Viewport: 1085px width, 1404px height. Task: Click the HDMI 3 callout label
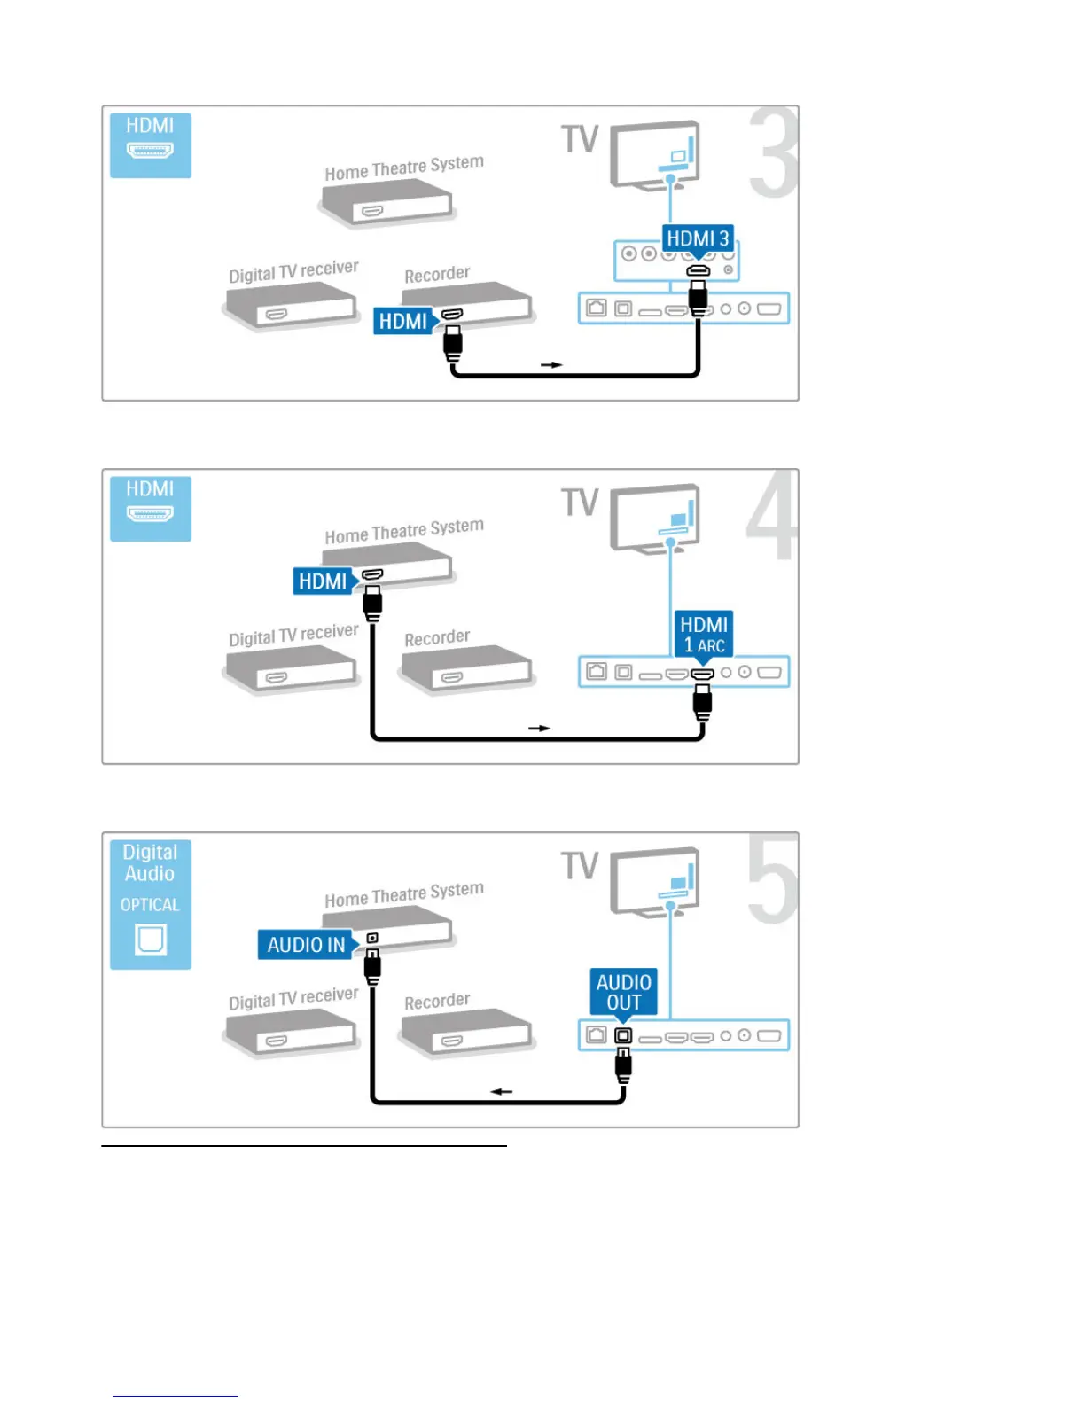pyautogui.click(x=698, y=238)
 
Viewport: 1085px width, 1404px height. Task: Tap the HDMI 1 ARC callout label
pyautogui.click(x=704, y=635)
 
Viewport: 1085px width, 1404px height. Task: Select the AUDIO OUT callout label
pyautogui.click(x=624, y=992)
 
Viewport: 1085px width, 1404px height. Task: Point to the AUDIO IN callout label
pyautogui.click(x=307, y=945)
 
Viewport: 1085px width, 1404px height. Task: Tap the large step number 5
pyautogui.click(x=772, y=879)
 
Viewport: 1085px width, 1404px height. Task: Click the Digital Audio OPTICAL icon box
pyautogui.click(x=151, y=904)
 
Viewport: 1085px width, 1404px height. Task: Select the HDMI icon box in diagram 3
pyautogui.click(x=151, y=145)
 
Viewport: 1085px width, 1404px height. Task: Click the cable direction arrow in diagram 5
pyautogui.click(x=502, y=1091)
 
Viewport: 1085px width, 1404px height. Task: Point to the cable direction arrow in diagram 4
pyautogui.click(x=539, y=728)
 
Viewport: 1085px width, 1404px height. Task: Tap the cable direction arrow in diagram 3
pyautogui.click(x=551, y=364)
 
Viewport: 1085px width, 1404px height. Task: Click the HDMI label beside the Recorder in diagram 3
pyautogui.click(x=403, y=321)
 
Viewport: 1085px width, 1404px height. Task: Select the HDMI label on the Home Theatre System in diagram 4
pyautogui.click(x=323, y=581)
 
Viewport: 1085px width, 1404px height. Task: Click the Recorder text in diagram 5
pyautogui.click(x=437, y=1002)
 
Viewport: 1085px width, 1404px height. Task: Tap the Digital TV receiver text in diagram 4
pyautogui.click(x=293, y=635)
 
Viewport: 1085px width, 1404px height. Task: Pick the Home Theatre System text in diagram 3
pyautogui.click(x=404, y=168)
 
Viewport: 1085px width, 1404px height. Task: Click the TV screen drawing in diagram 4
pyautogui.click(x=656, y=518)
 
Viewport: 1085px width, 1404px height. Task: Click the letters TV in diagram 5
pyautogui.click(x=580, y=866)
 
